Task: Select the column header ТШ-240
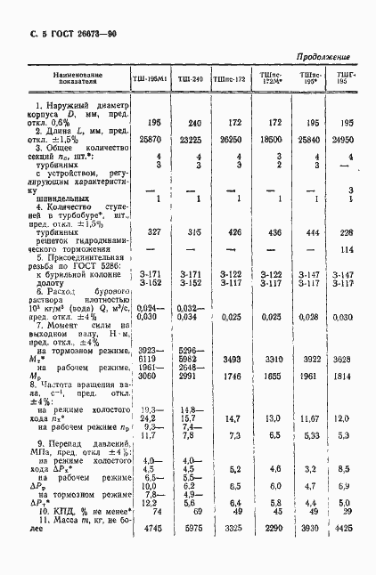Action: (191, 79)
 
